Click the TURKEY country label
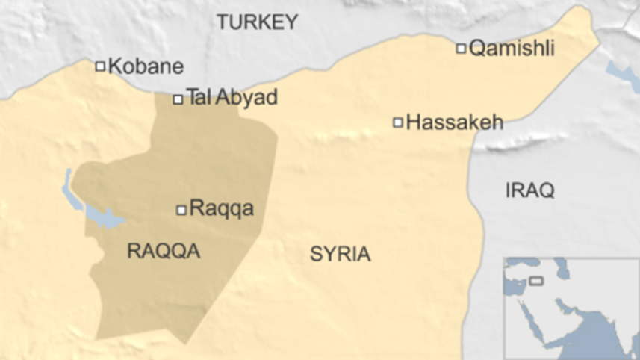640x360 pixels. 257,22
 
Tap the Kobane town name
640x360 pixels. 146,66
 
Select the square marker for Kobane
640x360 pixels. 100,66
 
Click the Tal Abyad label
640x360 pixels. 232,97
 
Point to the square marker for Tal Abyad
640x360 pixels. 178,99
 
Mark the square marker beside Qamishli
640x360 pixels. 461,49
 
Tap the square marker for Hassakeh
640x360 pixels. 398,122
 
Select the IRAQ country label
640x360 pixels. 529,190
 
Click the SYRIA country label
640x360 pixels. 340,254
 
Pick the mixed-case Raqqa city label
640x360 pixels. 221,208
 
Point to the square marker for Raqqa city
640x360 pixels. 181,211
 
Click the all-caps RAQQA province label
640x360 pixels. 163,251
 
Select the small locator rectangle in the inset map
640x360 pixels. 535,281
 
